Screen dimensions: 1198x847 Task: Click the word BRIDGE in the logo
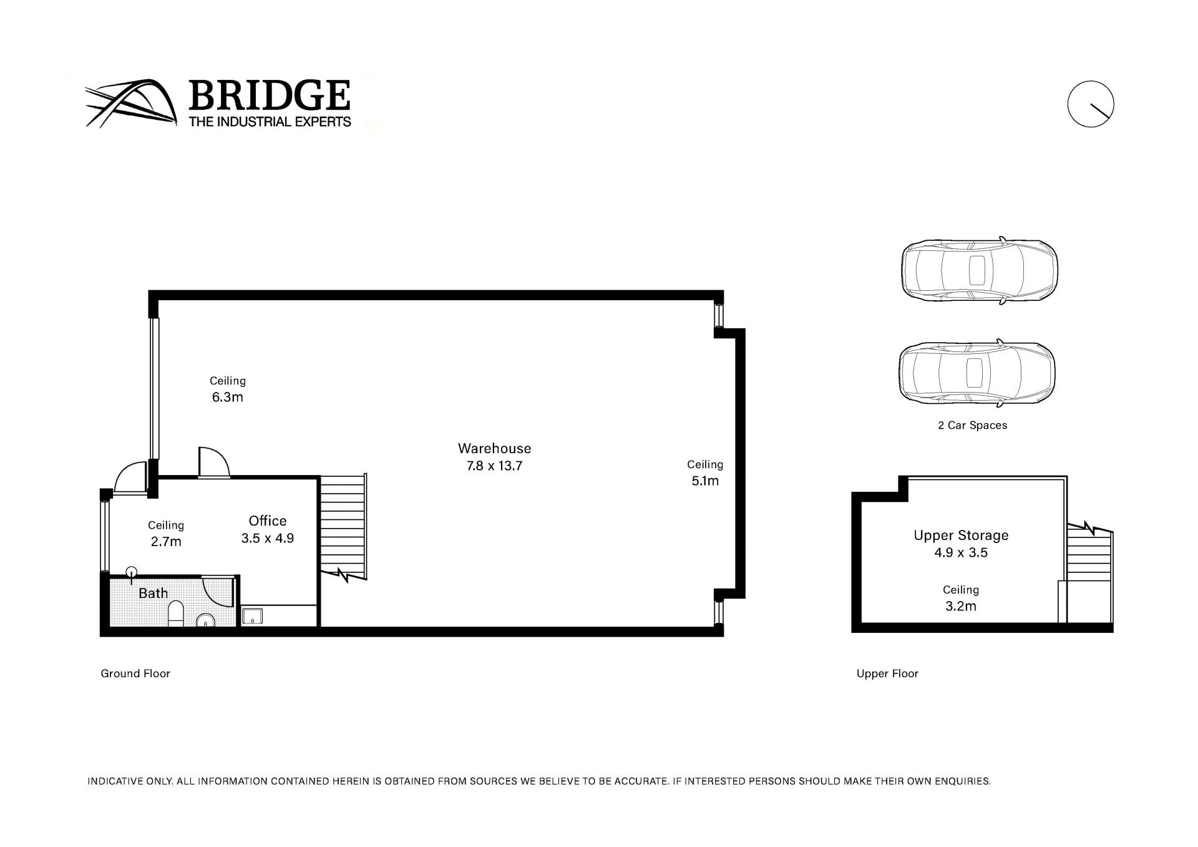coord(269,95)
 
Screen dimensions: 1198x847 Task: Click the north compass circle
coord(1091,104)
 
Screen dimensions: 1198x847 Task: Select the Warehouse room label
coord(494,448)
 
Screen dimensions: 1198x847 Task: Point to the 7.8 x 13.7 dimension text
coord(494,466)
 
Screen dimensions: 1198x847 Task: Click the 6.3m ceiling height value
coord(227,397)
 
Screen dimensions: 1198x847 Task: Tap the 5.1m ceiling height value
coord(705,481)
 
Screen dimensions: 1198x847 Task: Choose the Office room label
coord(268,521)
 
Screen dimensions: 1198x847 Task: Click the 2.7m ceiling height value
coord(166,542)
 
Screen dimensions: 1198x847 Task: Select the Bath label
coord(153,593)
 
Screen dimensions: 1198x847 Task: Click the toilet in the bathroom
coord(177,614)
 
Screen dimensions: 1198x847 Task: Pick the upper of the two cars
coord(979,270)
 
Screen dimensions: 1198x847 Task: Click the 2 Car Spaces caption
coord(972,425)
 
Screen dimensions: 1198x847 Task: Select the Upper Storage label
coord(961,535)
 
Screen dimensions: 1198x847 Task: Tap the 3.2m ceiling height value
coord(961,606)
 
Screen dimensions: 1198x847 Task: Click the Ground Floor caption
coord(135,673)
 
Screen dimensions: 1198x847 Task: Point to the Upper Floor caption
coord(887,673)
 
